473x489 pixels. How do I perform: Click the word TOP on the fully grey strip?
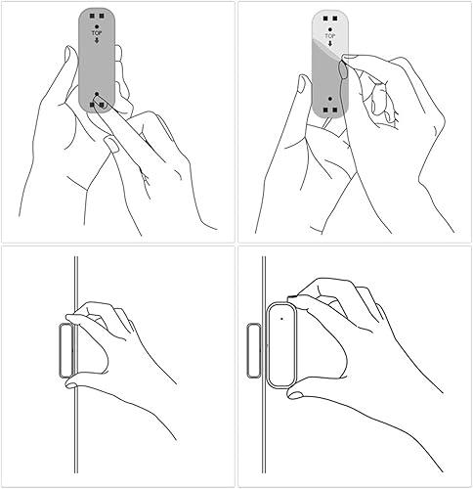pos(96,32)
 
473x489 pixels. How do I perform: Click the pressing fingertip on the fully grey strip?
pos(101,99)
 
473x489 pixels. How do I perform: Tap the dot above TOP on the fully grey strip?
pos(96,25)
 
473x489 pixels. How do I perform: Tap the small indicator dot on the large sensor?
pos(280,316)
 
